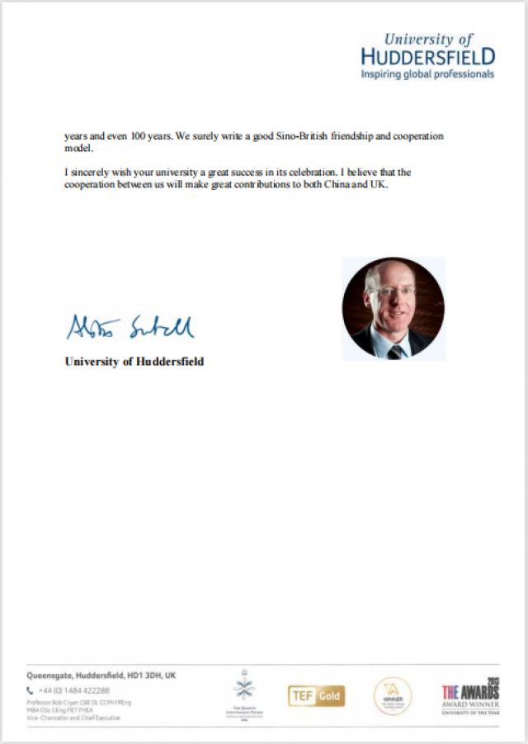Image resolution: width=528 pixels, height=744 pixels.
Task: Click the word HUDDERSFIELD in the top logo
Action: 428,57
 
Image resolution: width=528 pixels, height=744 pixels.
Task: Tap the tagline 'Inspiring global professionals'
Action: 427,73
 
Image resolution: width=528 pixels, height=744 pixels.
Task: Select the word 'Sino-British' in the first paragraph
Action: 309,135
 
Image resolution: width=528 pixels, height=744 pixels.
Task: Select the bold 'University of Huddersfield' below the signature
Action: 134,362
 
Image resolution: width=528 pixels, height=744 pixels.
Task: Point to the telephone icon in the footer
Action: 31,690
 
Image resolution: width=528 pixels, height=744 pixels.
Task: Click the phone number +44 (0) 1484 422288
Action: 73,690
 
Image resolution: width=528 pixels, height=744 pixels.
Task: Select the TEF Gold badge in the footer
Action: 316,695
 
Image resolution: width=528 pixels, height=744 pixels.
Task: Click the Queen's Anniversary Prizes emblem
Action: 244,692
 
